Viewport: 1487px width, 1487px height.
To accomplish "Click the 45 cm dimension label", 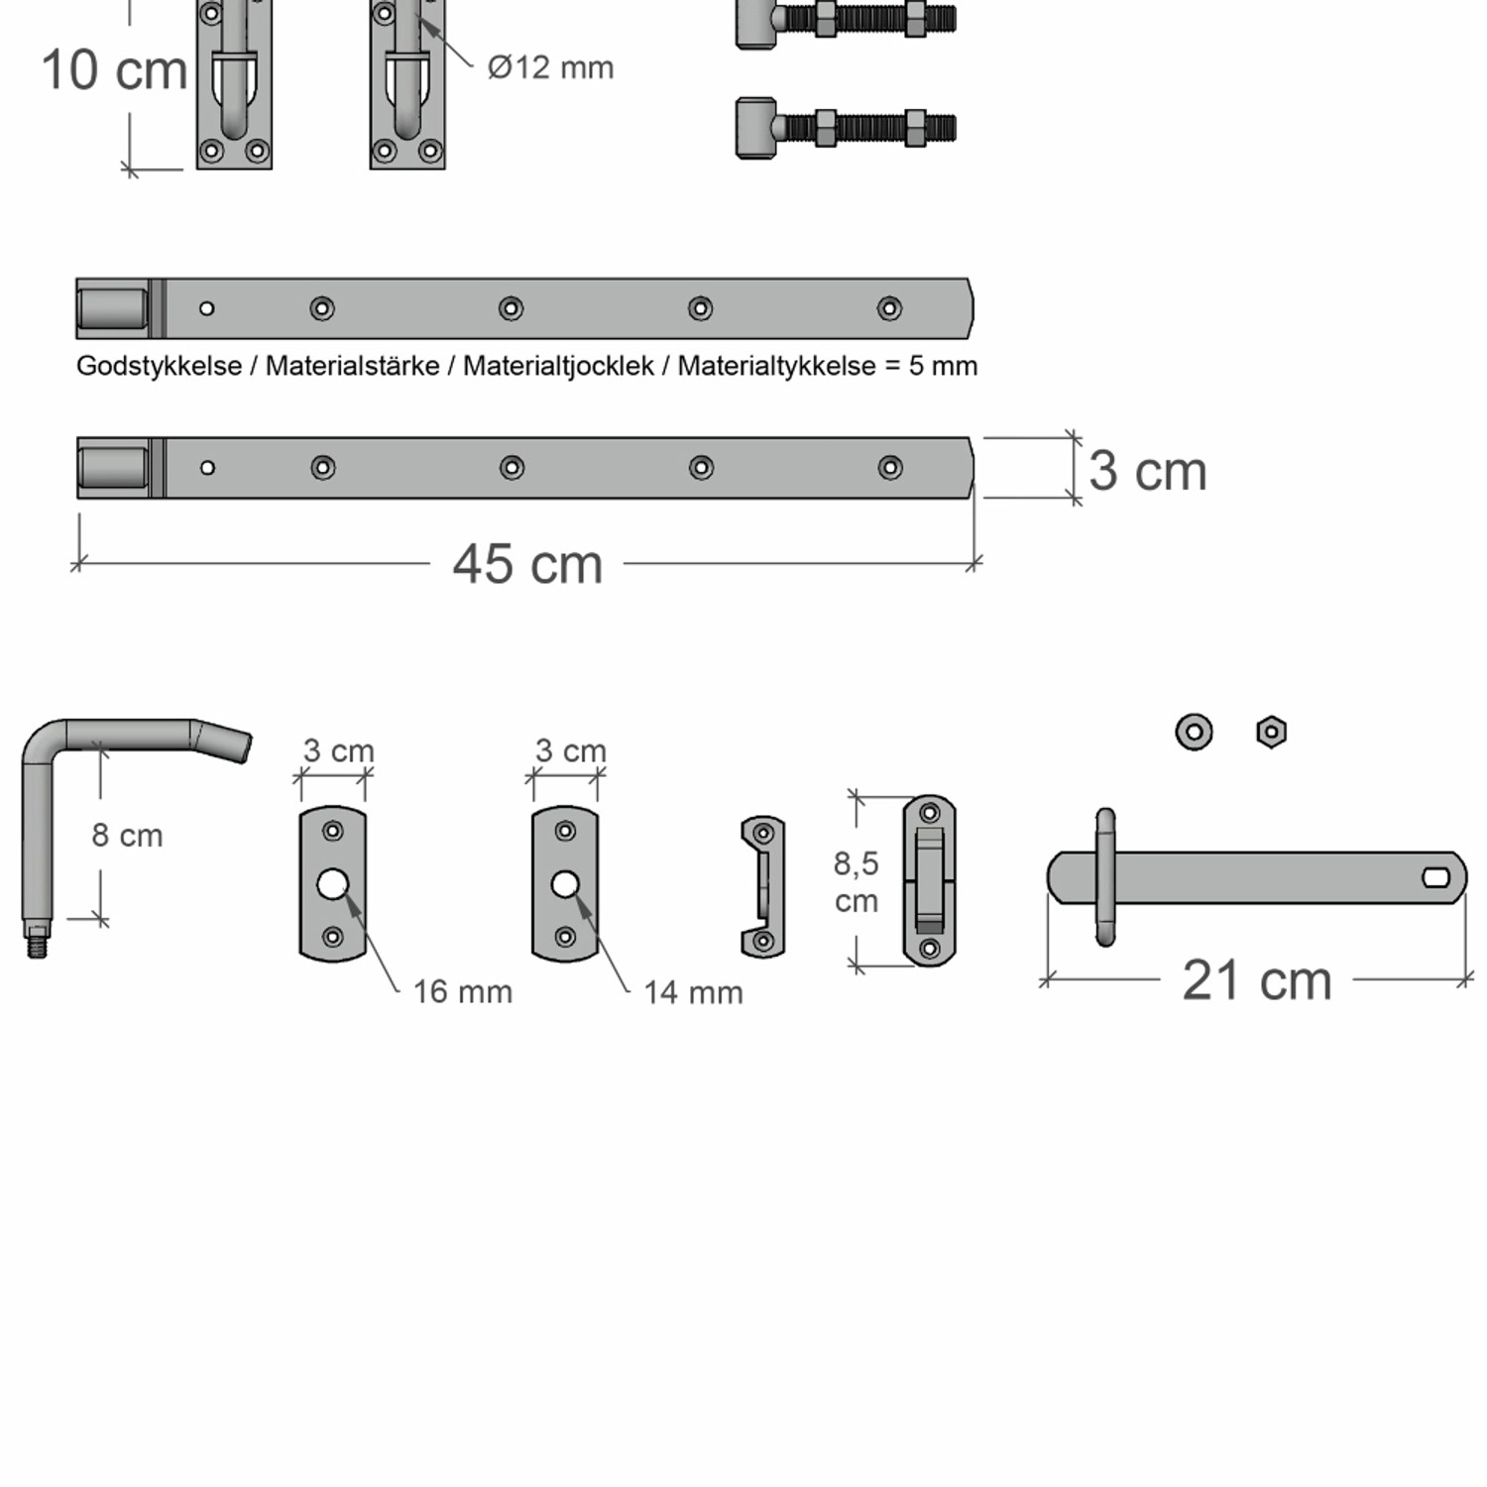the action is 527,564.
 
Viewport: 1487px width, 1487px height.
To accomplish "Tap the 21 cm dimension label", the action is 1257,980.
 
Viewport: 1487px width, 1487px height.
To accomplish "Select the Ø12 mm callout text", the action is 550,67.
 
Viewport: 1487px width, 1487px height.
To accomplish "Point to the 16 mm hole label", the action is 462,991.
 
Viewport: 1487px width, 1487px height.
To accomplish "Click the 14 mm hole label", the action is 693,992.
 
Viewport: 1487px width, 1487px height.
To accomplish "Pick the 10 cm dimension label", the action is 114,70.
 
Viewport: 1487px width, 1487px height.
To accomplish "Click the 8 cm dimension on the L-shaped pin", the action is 127,836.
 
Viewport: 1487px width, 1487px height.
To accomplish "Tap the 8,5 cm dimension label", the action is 856,881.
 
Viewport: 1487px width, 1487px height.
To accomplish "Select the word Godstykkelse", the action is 159,366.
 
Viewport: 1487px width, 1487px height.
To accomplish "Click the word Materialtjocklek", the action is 558,366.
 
